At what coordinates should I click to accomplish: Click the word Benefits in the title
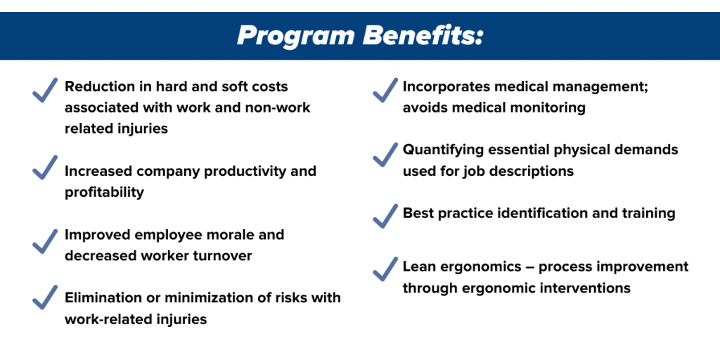coord(420,35)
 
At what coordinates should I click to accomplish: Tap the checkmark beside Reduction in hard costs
coord(45,90)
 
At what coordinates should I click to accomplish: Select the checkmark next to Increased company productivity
coord(45,167)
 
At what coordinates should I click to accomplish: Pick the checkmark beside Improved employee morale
coord(45,241)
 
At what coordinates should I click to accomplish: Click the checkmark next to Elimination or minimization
coord(45,297)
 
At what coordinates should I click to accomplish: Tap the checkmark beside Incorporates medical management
coord(385,90)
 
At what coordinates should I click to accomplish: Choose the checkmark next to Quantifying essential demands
coord(385,154)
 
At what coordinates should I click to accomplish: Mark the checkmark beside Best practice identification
coord(385,216)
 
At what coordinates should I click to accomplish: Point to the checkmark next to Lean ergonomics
coord(385,269)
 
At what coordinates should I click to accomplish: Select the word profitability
coord(104,193)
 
